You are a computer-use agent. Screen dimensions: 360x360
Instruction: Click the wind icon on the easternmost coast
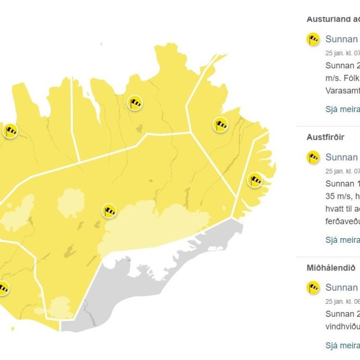pos(255,180)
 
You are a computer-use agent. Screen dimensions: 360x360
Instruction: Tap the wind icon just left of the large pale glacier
pos(109,211)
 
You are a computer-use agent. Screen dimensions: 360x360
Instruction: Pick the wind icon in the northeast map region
pos(220,125)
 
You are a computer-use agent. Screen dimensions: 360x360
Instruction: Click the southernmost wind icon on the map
pos(3,288)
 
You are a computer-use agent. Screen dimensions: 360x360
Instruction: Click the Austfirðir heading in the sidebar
pos(325,137)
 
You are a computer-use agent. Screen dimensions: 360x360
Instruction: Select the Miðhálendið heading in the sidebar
pos(328,268)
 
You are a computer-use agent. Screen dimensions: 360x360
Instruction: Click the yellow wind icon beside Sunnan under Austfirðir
pos(313,157)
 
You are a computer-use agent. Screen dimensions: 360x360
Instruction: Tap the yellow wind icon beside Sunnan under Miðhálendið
pos(313,287)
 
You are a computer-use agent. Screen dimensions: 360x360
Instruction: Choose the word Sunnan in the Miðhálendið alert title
pos(342,287)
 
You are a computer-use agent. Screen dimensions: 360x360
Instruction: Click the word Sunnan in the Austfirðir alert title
pos(342,157)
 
